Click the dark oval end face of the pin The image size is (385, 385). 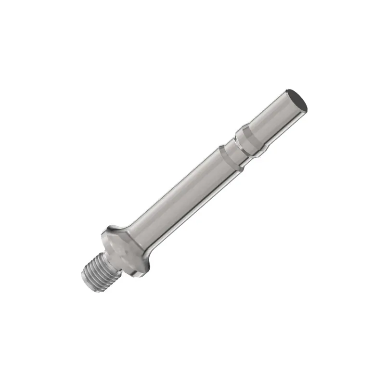(x=296, y=99)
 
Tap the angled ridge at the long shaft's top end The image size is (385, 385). (x=228, y=156)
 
